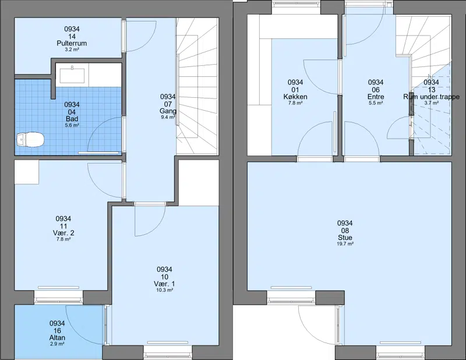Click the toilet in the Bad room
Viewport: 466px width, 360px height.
tap(30, 139)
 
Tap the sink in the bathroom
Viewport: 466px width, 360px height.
tap(72, 75)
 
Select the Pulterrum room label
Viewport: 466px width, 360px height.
tap(72, 44)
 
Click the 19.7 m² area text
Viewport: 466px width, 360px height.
tap(345, 243)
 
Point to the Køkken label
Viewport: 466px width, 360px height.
tap(295, 97)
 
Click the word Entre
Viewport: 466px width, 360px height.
tap(376, 97)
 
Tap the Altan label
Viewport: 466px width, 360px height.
tap(57, 338)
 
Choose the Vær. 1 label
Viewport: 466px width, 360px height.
tap(164, 284)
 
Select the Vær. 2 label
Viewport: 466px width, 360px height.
tap(63, 233)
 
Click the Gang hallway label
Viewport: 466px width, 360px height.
tap(168, 111)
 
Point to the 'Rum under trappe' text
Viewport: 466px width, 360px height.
tap(431, 97)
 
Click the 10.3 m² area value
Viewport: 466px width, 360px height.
tap(164, 290)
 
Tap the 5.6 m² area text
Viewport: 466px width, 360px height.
tap(72, 125)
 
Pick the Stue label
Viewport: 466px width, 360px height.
tap(345, 238)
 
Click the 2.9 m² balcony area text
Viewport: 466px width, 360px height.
tap(57, 344)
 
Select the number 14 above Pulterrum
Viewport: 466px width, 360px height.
tap(72, 36)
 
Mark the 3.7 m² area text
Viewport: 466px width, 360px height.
tap(431, 103)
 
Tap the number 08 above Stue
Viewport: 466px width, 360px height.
tap(345, 230)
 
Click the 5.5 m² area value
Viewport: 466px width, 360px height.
tap(376, 103)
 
